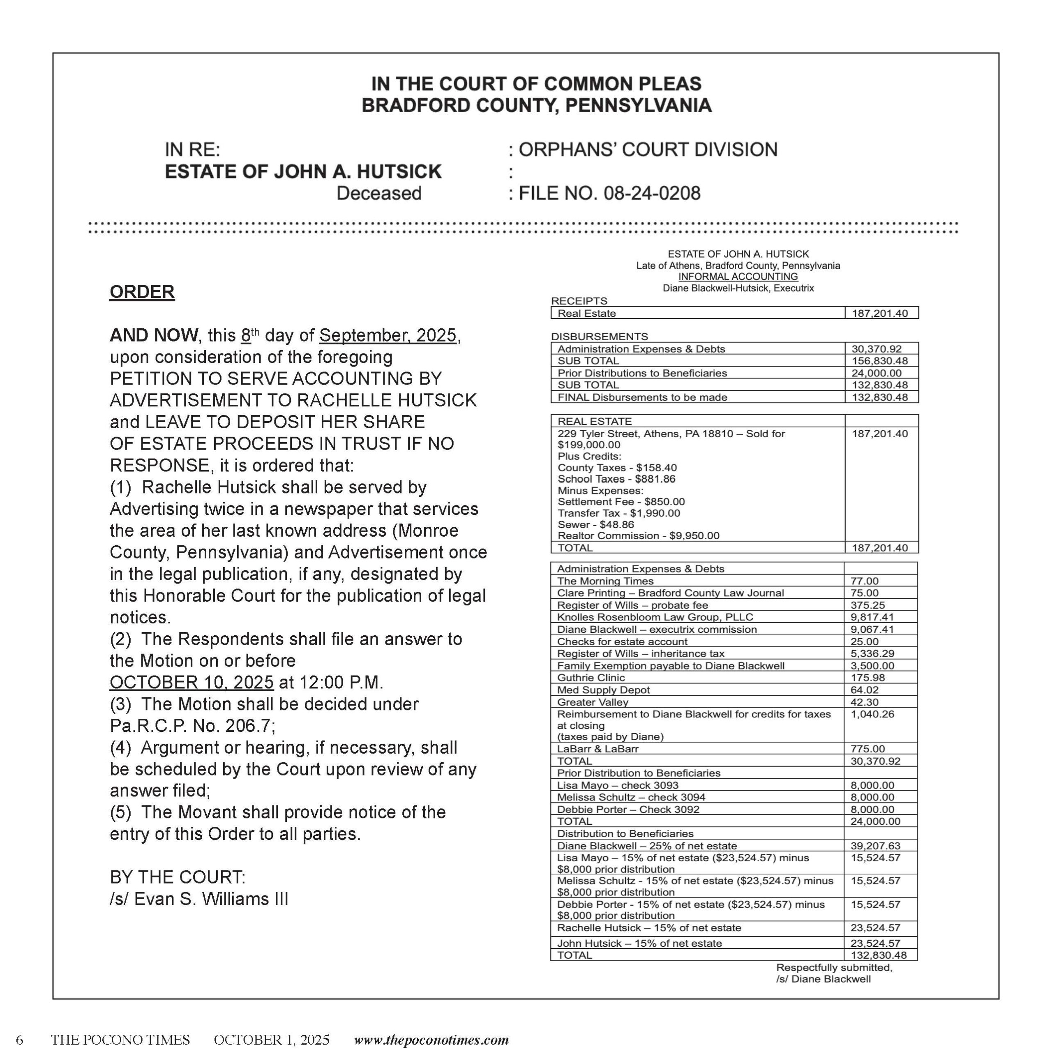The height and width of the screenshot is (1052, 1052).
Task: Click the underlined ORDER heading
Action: coord(142,292)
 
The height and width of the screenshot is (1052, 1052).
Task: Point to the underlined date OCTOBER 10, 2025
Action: coord(191,682)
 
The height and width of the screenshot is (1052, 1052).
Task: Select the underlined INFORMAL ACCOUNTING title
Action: coord(738,277)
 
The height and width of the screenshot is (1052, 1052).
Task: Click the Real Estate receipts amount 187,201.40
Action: coord(879,313)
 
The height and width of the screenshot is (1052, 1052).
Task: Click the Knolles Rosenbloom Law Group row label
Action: coord(655,617)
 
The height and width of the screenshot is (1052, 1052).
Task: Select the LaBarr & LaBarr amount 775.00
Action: coord(867,749)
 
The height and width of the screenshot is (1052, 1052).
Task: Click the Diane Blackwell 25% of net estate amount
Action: coord(875,846)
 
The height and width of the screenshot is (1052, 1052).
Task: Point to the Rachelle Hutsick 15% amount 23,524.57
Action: coord(875,928)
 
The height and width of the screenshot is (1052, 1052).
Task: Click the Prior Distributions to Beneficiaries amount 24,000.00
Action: coord(876,373)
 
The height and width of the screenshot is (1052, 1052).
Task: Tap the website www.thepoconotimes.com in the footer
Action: coord(431,1040)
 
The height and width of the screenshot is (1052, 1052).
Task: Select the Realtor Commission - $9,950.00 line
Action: coord(638,535)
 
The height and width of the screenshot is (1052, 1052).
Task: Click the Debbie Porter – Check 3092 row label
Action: coord(628,809)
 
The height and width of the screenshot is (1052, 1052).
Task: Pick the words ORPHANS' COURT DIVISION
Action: coord(647,150)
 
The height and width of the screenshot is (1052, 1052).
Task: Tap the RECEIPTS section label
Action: coord(579,300)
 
